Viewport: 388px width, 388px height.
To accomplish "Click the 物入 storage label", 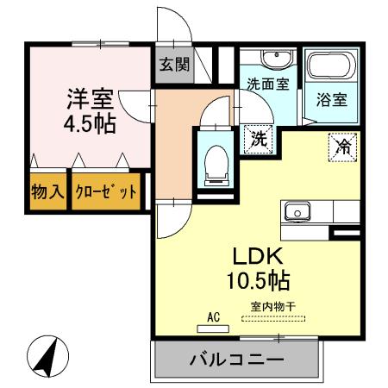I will click(x=48, y=191).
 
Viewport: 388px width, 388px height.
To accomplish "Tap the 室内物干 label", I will click(x=273, y=306).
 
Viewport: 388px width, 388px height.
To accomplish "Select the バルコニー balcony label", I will click(x=235, y=360).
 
